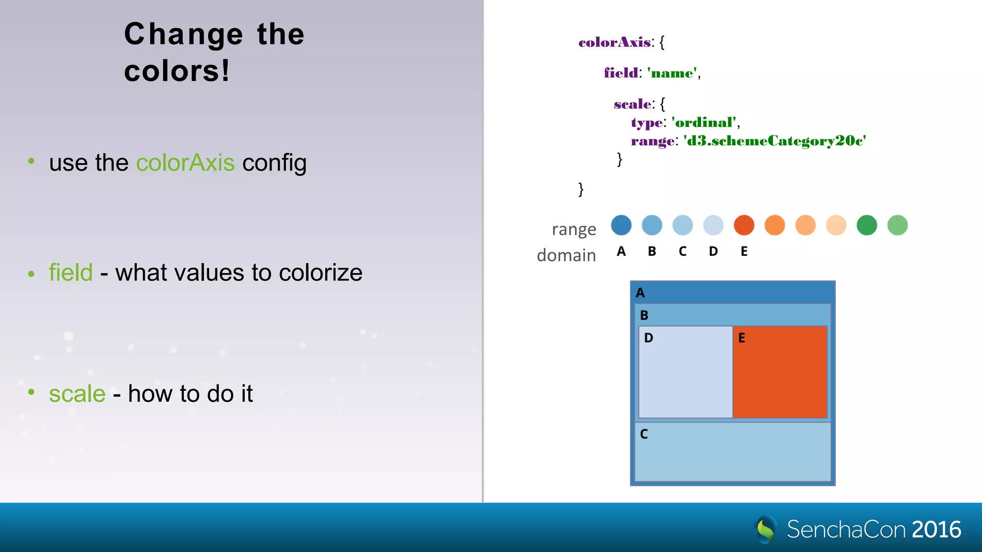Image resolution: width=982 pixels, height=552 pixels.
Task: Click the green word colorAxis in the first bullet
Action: [x=185, y=163]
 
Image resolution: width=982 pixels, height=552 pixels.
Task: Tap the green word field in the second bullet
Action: [x=70, y=273]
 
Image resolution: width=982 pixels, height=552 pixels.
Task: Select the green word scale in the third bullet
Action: [x=77, y=394]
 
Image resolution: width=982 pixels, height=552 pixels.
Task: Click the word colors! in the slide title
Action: [x=177, y=71]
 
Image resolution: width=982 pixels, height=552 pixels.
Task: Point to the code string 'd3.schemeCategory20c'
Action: [x=774, y=141]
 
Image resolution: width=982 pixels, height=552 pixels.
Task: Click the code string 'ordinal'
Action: [x=704, y=123]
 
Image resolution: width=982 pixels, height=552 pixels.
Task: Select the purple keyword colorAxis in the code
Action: [x=615, y=42]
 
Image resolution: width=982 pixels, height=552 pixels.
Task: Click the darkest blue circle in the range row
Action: [x=621, y=225]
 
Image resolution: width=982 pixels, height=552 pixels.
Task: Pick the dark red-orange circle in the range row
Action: [x=744, y=225]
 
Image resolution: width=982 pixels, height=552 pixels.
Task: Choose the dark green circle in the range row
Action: [x=866, y=225]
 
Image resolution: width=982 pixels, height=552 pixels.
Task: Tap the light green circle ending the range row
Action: [x=897, y=225]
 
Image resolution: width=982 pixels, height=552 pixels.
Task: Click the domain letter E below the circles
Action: [x=744, y=252]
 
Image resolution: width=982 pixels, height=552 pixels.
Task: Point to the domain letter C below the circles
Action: [x=682, y=252]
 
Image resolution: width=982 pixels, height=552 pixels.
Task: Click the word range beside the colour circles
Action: [x=574, y=230]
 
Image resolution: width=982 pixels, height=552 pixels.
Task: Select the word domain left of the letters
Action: [x=566, y=255]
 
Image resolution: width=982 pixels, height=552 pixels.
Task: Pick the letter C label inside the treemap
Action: [x=644, y=434]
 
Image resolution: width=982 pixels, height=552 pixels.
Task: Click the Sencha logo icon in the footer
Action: [x=766, y=529]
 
